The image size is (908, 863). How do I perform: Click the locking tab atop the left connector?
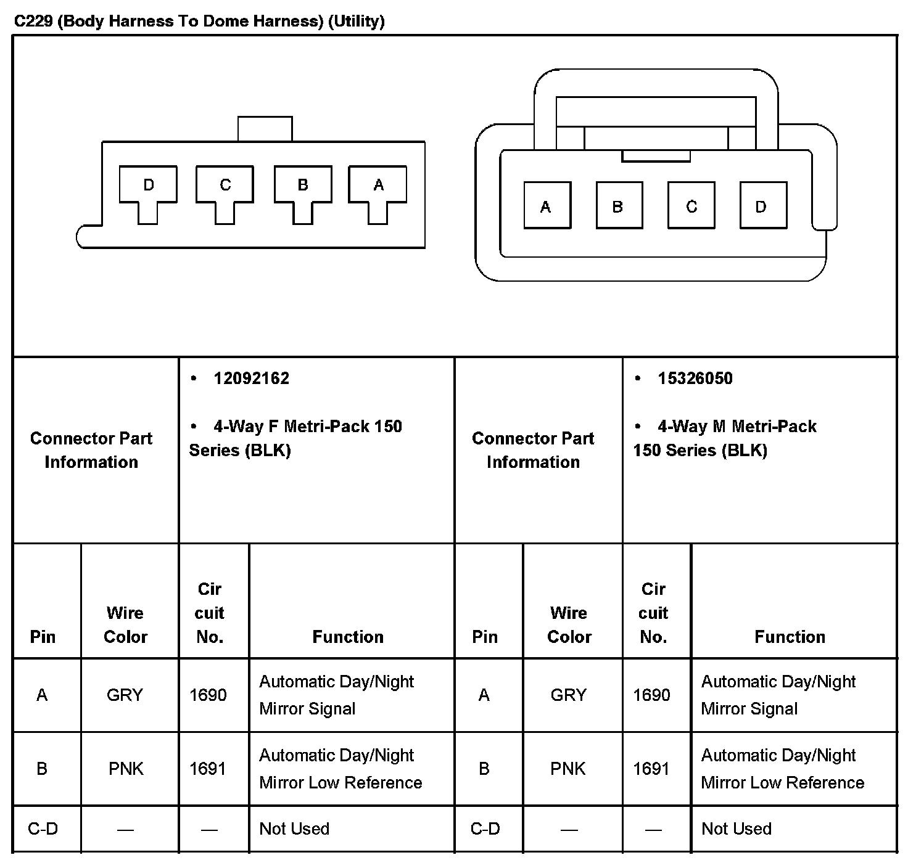(265, 129)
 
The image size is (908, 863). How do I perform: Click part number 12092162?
(251, 378)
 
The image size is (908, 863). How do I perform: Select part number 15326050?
(695, 378)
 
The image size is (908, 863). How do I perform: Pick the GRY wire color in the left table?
(125, 695)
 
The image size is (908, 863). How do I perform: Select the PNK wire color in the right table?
(568, 769)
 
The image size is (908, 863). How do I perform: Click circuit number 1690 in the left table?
(208, 695)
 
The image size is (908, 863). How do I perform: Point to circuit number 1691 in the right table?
(651, 769)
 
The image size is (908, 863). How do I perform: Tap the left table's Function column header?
(348, 637)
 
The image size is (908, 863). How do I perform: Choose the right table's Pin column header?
(485, 637)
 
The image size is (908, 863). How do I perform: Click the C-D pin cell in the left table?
(43, 828)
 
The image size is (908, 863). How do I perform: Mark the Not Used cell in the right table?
(737, 828)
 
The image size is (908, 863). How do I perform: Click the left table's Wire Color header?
(125, 624)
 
